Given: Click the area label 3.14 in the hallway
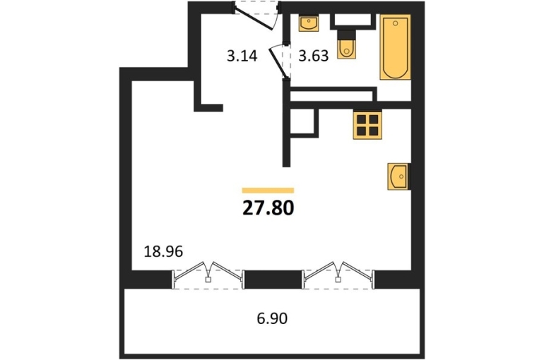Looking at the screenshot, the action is point(242,56).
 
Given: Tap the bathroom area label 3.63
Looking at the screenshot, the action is point(314,56).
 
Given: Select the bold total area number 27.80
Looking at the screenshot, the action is point(268,208).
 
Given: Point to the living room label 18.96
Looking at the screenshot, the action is point(163,251).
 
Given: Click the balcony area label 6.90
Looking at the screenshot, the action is point(272,318).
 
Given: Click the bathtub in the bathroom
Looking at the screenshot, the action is point(395,47).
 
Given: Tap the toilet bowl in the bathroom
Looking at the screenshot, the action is point(346,49).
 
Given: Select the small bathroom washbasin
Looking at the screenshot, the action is point(309,23).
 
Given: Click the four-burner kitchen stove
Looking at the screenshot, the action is point(367,126).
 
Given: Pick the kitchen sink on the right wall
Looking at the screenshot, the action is point(398,176).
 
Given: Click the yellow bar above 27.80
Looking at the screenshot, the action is point(268,190).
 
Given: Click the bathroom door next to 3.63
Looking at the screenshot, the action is point(280,61).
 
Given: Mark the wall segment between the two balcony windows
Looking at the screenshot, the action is point(273,280).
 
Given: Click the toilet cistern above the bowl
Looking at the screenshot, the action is point(346,35).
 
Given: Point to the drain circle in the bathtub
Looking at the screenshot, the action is point(395,23).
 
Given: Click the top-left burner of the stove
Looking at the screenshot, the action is point(362,119).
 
